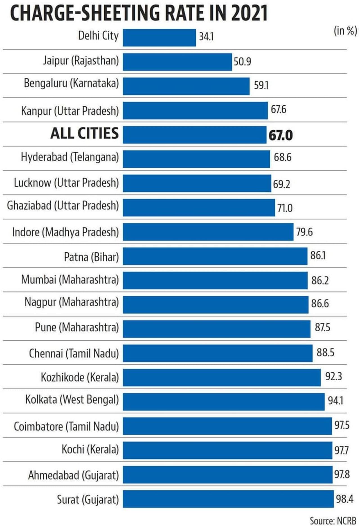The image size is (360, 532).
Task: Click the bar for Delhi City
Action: (x=159, y=37)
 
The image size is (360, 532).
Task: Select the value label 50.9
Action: (x=242, y=61)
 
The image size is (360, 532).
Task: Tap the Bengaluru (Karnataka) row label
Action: (x=71, y=83)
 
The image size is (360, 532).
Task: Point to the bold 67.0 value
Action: (x=280, y=135)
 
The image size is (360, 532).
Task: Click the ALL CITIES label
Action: (x=84, y=133)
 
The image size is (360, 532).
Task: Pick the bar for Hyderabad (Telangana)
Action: (x=196, y=159)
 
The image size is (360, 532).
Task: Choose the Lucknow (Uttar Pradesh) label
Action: (x=66, y=183)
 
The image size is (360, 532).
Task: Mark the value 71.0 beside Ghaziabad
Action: (x=285, y=208)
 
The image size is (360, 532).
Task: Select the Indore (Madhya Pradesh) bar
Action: (x=208, y=232)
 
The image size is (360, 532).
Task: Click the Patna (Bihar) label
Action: (x=91, y=257)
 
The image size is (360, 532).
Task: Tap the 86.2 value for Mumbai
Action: (x=320, y=280)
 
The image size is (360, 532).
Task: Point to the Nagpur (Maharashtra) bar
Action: (x=215, y=305)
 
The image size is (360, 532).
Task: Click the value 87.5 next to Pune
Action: (x=322, y=327)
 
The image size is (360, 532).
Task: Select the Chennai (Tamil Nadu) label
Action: (x=74, y=353)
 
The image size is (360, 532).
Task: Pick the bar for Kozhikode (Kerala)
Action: (x=222, y=377)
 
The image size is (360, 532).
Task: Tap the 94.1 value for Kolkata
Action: (x=336, y=400)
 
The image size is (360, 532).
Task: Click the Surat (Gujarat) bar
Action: (x=228, y=499)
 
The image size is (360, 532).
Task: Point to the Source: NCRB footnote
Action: (x=333, y=521)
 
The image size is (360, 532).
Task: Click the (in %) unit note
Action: (x=345, y=31)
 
